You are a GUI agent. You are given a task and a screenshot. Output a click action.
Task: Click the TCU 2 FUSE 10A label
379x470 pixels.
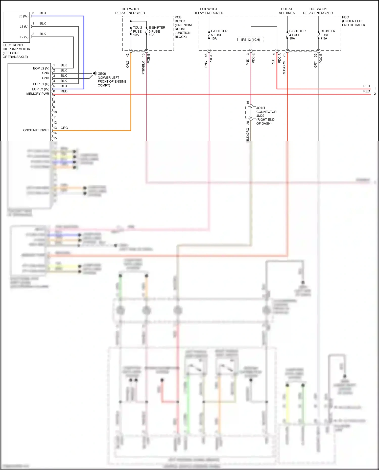pyautogui.click(x=137, y=31)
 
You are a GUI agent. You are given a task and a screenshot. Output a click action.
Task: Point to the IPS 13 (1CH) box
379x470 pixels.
pyautogui.click(x=250, y=40)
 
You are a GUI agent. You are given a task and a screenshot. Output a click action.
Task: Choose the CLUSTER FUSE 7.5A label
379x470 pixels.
pyautogui.click(x=327, y=35)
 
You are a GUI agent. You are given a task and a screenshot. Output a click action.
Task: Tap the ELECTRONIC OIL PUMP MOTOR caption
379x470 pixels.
pyautogui.click(x=16, y=51)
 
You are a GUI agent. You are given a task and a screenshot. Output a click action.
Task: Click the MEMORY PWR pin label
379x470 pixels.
pyautogui.click(x=38, y=94)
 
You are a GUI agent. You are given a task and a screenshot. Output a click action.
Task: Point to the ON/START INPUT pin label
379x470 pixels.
pyautogui.click(x=36, y=130)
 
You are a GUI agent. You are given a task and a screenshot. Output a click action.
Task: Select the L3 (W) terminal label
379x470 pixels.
pyautogui.click(x=23, y=16)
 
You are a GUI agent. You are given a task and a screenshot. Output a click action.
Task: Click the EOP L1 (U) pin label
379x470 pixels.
pyautogui.click(x=41, y=84)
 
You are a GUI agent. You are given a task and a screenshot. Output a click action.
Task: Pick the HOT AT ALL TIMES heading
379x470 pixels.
pyautogui.click(x=287, y=11)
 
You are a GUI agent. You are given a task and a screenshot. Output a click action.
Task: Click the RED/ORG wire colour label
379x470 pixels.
pyautogui.click(x=284, y=68)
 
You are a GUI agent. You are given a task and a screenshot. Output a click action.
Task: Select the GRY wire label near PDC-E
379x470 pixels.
pyautogui.click(x=315, y=64)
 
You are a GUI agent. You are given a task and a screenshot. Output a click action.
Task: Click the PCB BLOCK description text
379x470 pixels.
pyautogui.click(x=184, y=27)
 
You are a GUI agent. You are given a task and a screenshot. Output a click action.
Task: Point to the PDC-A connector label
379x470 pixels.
pyautogui.click(x=279, y=58)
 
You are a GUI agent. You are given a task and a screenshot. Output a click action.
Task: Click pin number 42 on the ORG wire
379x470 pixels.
pyautogui.click(x=128, y=55)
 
